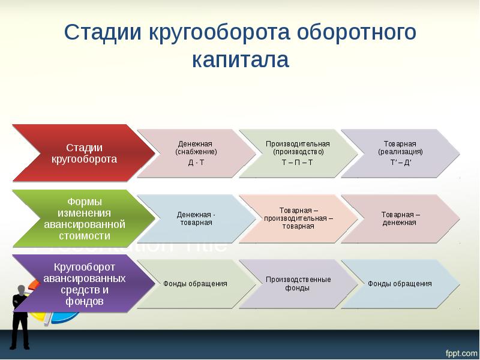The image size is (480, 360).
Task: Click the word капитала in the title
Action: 241,60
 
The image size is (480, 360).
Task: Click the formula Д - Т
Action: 196,163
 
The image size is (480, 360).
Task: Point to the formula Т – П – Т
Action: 298,163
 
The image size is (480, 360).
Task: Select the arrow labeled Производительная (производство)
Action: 298,148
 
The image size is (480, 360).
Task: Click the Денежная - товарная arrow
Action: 196,218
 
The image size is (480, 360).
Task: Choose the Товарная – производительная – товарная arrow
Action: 298,218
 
